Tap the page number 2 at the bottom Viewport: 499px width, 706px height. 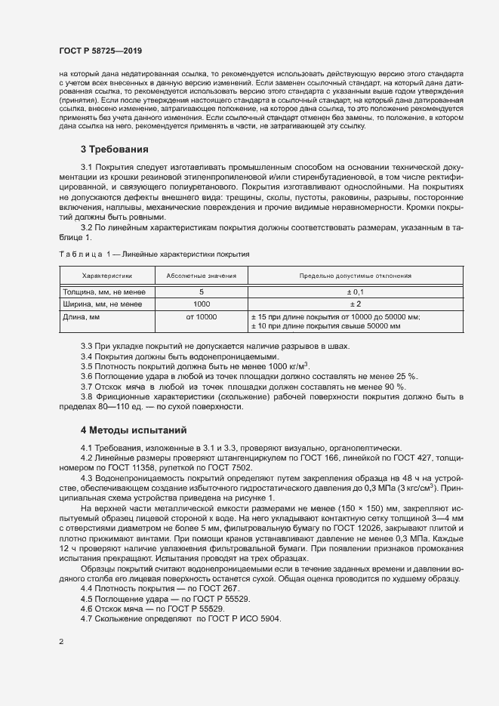point(61,642)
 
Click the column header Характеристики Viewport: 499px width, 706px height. point(106,276)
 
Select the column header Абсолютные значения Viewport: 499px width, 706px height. point(201,276)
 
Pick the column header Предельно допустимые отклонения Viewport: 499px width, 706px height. point(356,276)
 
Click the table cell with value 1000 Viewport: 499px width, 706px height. point(201,304)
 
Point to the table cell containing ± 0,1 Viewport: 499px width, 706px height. point(356,291)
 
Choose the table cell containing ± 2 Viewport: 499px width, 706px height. point(356,304)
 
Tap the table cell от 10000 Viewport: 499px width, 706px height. point(201,317)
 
